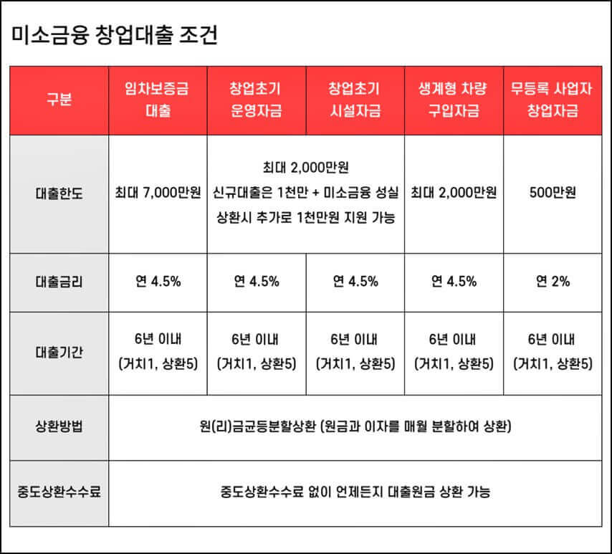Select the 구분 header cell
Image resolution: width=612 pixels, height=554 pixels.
pyautogui.click(x=59, y=100)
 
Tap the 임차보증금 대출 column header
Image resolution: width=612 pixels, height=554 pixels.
pyautogui.click(x=158, y=100)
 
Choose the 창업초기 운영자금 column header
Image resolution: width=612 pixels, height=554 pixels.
pyautogui.click(x=256, y=100)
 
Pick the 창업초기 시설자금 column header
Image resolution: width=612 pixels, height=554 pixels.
pyautogui.click(x=355, y=100)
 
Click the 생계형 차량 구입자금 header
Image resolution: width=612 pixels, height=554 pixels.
pyautogui.click(x=454, y=100)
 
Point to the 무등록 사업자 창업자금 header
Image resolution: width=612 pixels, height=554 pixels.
pyautogui.click(x=553, y=100)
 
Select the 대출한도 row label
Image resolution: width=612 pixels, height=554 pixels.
pyautogui.click(x=59, y=194)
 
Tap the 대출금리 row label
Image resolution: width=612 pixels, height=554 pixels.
pyautogui.click(x=59, y=282)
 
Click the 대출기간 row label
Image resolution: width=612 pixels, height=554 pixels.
pyautogui.click(x=59, y=352)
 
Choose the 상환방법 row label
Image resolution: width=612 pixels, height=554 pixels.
pyautogui.click(x=59, y=428)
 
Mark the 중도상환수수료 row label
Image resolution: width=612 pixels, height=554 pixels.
pyautogui.click(x=59, y=492)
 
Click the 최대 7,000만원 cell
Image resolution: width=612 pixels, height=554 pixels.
pyautogui.click(x=158, y=194)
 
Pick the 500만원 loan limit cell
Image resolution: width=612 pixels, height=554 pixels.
pyautogui.click(x=553, y=194)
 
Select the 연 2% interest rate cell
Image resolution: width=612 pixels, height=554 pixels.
pyautogui.click(x=553, y=282)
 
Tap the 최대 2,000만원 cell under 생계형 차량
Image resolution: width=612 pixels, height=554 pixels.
pyautogui.click(x=454, y=194)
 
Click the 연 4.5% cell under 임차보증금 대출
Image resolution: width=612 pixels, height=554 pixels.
pyautogui.click(x=158, y=282)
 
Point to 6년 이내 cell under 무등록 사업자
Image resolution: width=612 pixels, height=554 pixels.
pyautogui.click(x=553, y=352)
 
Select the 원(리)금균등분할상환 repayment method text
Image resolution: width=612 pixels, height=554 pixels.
pyautogui.click(x=355, y=428)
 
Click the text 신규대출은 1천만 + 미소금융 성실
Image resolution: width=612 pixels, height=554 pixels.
pyautogui.click(x=305, y=194)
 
